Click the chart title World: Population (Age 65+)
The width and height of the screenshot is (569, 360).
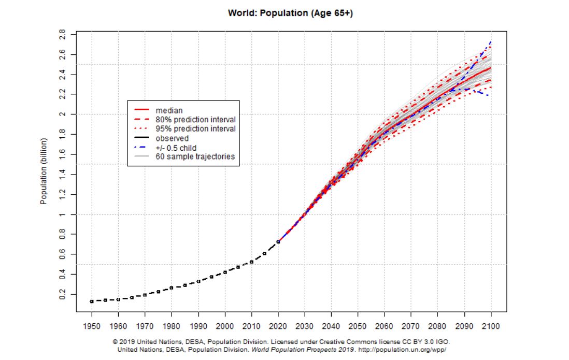pyautogui.click(x=290, y=13)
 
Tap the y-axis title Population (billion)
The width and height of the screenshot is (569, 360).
pyautogui.click(x=44, y=171)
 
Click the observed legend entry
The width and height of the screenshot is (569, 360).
pyautogui.click(x=172, y=138)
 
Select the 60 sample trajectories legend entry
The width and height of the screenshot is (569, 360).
pyautogui.click(x=197, y=156)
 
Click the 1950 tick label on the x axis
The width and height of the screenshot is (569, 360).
pyautogui.click(x=92, y=327)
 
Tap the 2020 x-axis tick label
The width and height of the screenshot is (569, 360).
pyautogui.click(x=278, y=327)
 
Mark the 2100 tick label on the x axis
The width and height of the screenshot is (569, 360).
pyautogui.click(x=491, y=327)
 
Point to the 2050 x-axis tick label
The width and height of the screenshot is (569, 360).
pyautogui.click(x=358, y=327)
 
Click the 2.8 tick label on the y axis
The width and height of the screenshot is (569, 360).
pyautogui.click(x=63, y=35)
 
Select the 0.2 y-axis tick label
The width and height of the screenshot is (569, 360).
pyautogui.click(x=63, y=294)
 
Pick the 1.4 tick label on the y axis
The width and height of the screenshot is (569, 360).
pyautogui.click(x=63, y=174)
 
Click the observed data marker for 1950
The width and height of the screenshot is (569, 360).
pyautogui.click(x=92, y=301)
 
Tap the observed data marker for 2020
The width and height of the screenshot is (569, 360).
pyautogui.click(x=278, y=241)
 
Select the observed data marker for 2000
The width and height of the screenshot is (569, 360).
pyautogui.click(x=225, y=272)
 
